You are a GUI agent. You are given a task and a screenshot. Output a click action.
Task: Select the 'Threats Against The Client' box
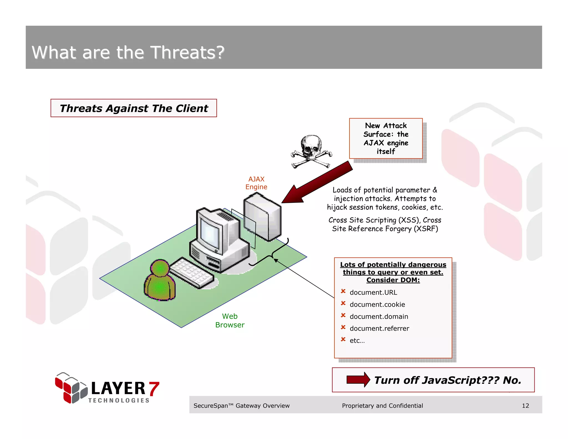click(x=134, y=108)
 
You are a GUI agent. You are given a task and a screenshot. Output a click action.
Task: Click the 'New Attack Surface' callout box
click(x=386, y=138)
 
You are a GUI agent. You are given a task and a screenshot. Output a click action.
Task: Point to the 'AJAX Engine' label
click(x=256, y=183)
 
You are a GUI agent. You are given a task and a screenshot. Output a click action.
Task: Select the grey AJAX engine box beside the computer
click(x=262, y=216)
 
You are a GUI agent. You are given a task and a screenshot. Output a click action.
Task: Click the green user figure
click(x=159, y=280)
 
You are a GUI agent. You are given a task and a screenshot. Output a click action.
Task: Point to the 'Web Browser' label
click(x=230, y=321)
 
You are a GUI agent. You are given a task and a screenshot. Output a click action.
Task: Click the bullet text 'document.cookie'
click(x=377, y=304)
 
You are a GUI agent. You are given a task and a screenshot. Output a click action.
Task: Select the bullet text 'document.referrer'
click(x=379, y=329)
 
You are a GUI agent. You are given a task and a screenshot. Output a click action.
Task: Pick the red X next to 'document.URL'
click(x=343, y=291)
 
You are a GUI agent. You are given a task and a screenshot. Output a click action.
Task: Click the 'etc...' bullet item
click(x=357, y=341)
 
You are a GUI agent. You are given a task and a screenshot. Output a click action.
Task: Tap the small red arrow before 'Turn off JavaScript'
click(x=358, y=380)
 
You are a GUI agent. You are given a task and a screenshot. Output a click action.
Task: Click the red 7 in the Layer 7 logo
click(x=154, y=388)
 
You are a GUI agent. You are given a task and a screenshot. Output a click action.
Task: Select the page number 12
click(x=525, y=406)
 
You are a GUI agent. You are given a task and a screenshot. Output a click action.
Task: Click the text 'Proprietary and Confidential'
click(x=382, y=406)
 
